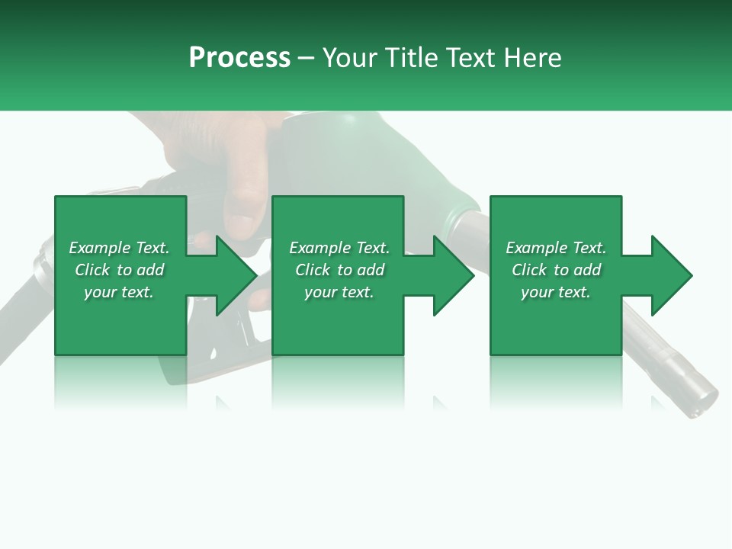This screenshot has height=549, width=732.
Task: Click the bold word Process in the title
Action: click(239, 58)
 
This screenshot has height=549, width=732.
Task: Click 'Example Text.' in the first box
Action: click(119, 248)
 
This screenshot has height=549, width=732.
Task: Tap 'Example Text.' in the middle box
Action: click(339, 248)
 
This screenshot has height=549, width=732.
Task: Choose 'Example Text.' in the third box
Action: click(556, 248)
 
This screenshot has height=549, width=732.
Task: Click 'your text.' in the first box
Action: click(119, 292)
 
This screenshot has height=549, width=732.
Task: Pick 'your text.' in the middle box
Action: click(339, 292)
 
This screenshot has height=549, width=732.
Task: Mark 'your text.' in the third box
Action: click(556, 292)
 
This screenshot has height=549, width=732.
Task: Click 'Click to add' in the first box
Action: click(119, 270)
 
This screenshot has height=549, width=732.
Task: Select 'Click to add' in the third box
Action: click(556, 270)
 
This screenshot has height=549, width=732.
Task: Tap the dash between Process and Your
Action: click(307, 58)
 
